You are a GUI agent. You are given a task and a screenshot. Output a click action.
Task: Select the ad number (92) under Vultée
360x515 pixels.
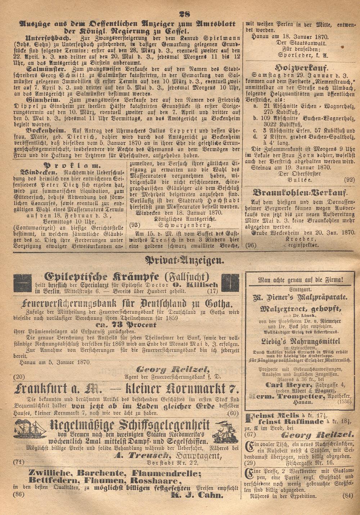(x=349, y=179)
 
